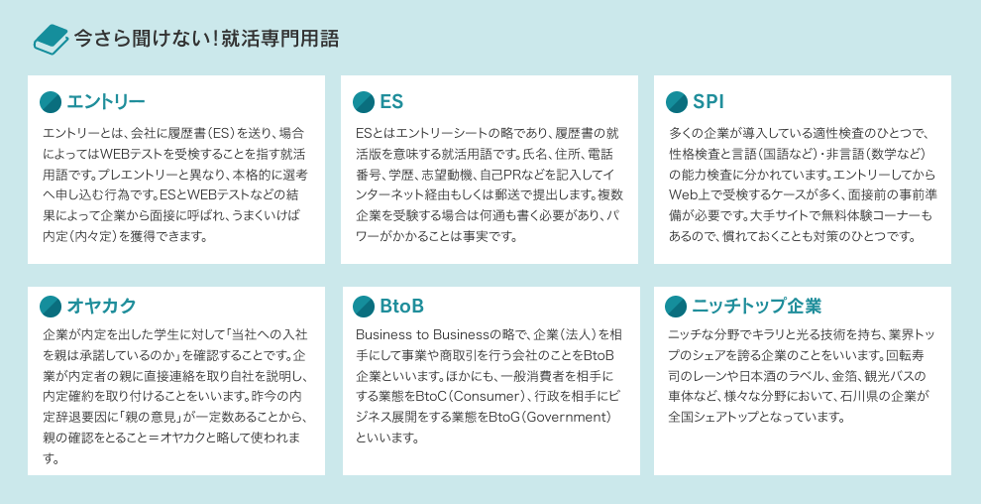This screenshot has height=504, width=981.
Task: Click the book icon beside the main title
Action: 51,39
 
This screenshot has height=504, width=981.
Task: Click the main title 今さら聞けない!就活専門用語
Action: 206,39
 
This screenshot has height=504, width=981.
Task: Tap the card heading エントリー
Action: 106,102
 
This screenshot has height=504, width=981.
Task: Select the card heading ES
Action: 391,102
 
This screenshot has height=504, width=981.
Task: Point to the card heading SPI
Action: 708,102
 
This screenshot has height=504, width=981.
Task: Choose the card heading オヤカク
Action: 101,307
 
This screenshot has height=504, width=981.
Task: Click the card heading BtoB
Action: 401,307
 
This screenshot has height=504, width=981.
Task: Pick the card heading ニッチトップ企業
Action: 756,307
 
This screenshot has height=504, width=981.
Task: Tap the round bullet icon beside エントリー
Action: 51,102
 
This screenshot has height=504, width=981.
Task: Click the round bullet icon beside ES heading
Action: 364,102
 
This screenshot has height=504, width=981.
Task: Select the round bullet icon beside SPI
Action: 677,102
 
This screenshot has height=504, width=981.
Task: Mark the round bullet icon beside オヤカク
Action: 51,307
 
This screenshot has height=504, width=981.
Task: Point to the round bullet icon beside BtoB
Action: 364,307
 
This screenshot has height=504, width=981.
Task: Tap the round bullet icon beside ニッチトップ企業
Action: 677,307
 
